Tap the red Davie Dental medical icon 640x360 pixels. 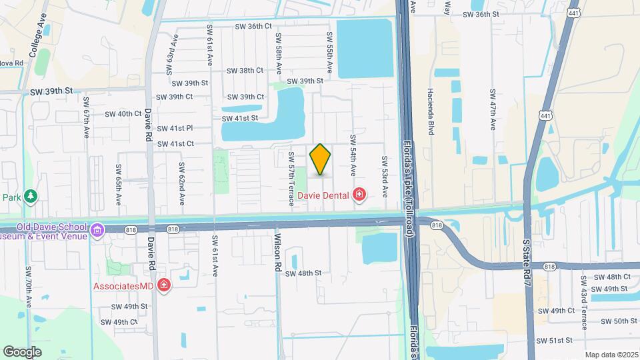click(360, 195)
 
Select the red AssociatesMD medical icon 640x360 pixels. click(164, 286)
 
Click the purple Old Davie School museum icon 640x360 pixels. click(98, 230)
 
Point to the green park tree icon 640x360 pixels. click(30, 197)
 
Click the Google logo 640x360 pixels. click(22, 351)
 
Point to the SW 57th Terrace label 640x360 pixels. click(291, 178)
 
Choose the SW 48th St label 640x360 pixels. click(303, 273)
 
